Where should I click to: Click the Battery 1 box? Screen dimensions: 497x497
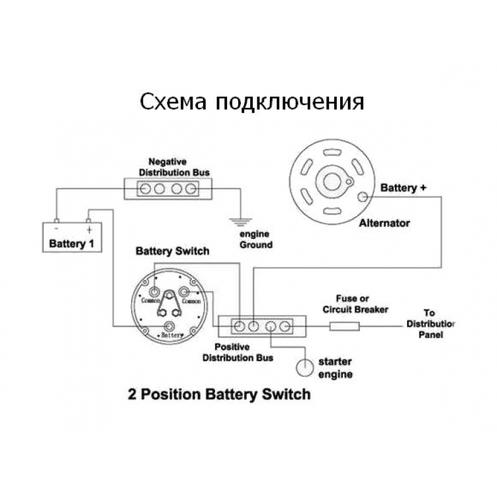pos(72,238)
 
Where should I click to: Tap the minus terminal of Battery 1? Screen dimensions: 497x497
pos(57,220)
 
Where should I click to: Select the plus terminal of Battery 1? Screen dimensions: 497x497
pos(89,220)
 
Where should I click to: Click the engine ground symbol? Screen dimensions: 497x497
pos(241,222)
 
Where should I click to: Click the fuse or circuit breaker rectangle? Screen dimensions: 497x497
pos(345,326)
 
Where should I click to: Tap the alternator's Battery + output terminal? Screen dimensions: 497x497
pos(362,197)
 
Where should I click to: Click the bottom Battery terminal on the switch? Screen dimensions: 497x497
pos(169,326)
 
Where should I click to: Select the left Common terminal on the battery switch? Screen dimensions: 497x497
pos(154,291)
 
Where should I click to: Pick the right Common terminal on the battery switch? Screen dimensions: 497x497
pos(184,291)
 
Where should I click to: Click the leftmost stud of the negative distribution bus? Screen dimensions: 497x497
pos(145,189)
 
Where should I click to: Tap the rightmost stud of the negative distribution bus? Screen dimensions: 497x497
pos(191,189)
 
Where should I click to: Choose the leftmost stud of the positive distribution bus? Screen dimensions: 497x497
pos(240,326)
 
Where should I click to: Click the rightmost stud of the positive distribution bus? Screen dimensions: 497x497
pos(285,326)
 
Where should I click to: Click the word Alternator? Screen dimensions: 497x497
pos(384,223)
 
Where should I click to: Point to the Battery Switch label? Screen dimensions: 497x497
pos(173,251)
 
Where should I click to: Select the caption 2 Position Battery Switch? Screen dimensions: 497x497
pos(219,394)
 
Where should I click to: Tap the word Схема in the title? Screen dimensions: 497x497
pos(173,102)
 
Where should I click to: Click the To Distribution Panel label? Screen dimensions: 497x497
pos(430,324)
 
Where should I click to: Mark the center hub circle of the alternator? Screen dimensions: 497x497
pos(332,181)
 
